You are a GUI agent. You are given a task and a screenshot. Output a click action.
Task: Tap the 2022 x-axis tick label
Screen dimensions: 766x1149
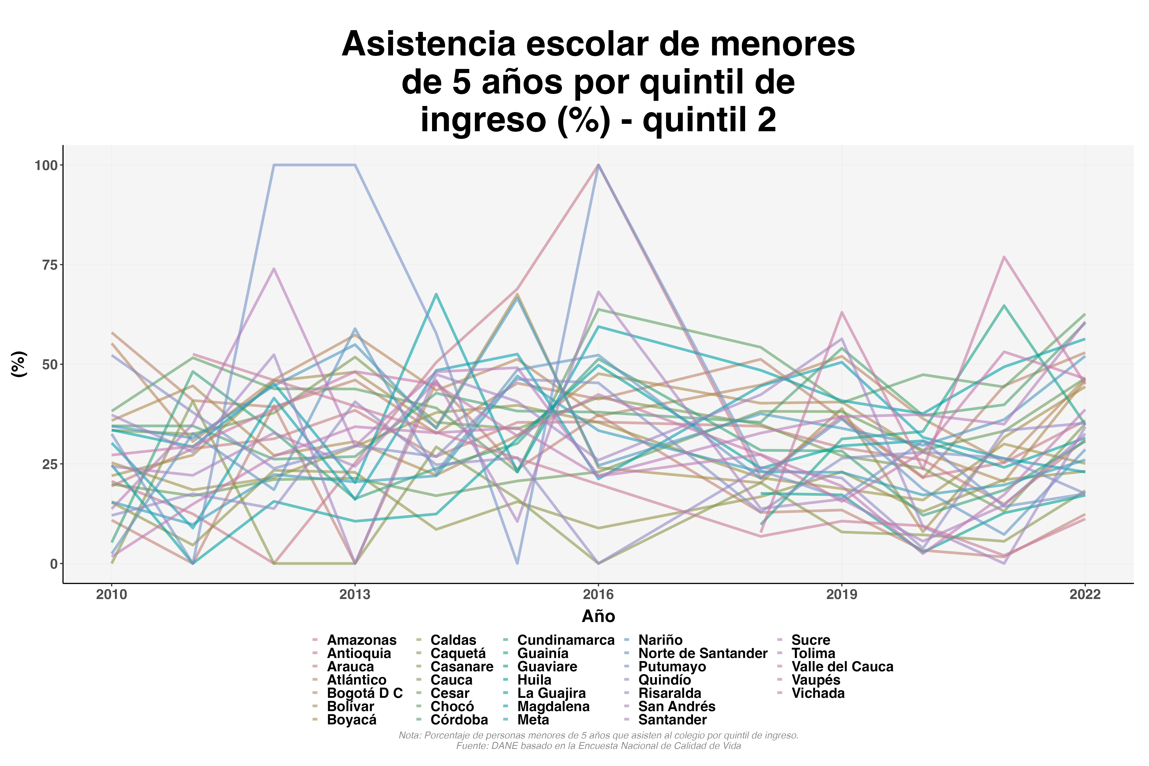click(1085, 594)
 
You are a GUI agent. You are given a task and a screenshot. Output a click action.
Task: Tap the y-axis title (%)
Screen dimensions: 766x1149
click(19, 364)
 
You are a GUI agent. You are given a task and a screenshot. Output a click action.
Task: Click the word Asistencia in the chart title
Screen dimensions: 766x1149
click(428, 44)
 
